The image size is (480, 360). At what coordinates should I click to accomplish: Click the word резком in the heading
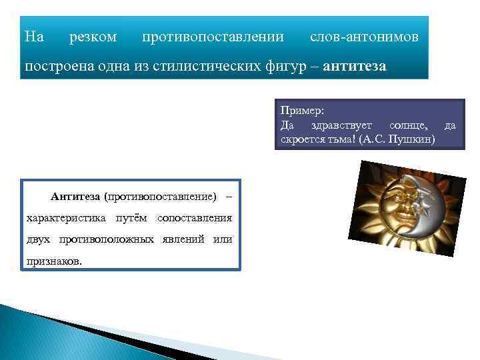(93, 37)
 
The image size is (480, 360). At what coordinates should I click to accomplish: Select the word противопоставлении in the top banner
(213, 37)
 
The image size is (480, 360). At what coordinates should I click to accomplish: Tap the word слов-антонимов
(364, 37)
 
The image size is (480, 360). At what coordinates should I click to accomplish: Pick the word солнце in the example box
(409, 125)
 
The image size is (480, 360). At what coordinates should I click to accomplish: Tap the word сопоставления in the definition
(194, 218)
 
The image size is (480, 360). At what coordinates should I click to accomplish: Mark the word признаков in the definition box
(54, 261)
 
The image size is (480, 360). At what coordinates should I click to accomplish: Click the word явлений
(183, 239)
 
